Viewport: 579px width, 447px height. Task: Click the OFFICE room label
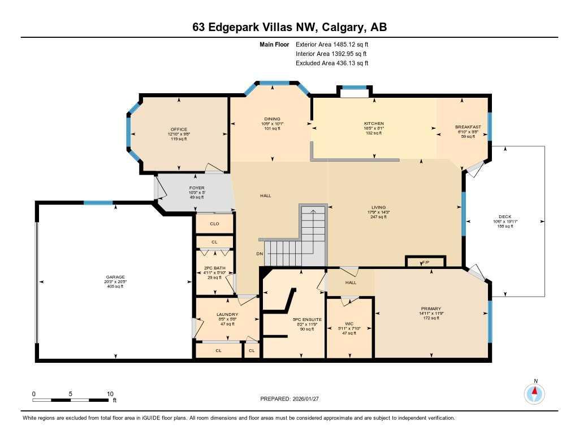tap(179, 129)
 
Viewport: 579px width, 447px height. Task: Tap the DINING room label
tap(272, 119)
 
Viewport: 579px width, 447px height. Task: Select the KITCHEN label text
tap(374, 123)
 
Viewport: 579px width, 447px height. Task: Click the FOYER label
tap(197, 188)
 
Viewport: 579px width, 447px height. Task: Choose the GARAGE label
tap(115, 277)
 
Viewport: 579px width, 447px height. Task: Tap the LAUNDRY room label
tap(227, 314)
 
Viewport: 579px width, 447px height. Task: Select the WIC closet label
tap(349, 324)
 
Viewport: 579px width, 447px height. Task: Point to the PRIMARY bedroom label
tap(430, 309)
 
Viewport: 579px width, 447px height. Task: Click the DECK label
tap(505, 216)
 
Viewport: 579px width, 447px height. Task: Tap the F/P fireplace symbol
tap(426, 263)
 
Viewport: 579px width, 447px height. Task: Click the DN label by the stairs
tap(260, 254)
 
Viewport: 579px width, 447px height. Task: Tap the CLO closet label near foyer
tap(214, 224)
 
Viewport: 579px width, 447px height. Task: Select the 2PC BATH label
tap(214, 268)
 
